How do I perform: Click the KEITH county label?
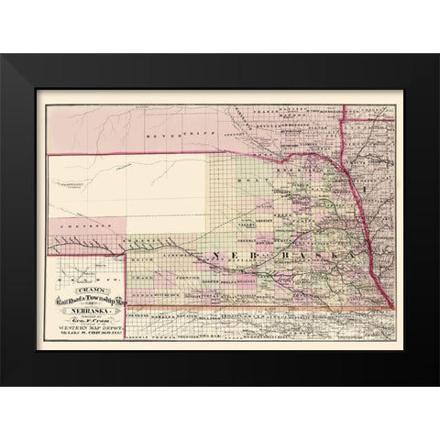coord(140,261)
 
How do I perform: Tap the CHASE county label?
coord(140,276)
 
